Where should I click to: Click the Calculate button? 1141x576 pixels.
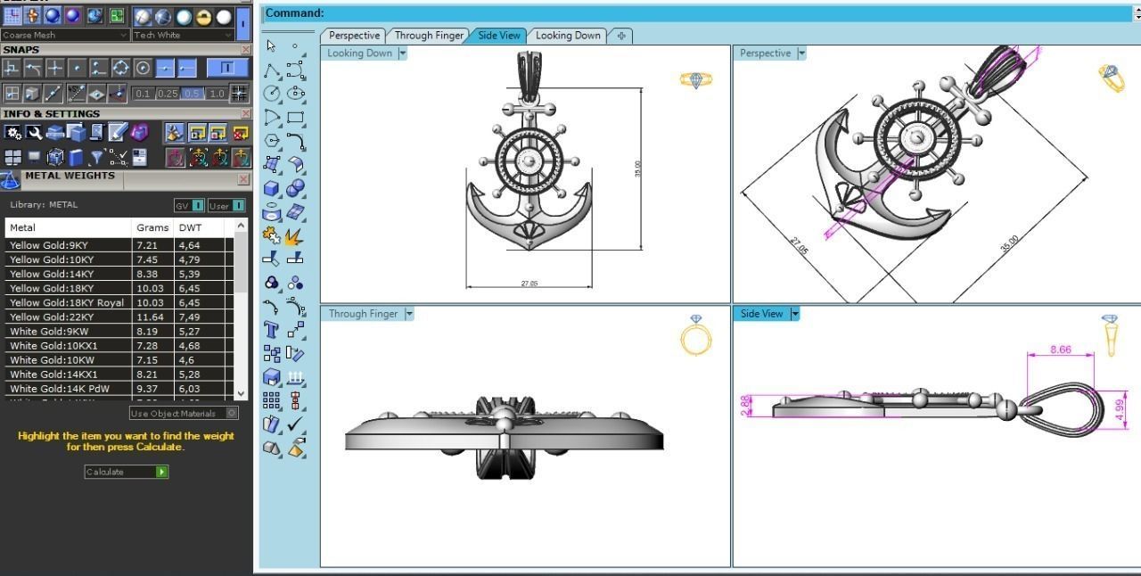point(126,472)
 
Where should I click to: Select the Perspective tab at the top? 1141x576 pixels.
point(354,36)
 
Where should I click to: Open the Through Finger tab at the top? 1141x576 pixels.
point(429,36)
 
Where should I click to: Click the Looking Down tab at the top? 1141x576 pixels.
point(568,36)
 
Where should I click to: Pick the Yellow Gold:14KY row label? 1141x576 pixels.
point(51,274)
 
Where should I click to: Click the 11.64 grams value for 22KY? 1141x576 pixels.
point(150,317)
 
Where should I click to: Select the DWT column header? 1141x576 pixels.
point(190,227)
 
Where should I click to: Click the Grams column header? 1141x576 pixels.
point(152,227)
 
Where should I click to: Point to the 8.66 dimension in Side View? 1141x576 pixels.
point(1060,350)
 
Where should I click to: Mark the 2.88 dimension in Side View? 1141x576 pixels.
point(746,407)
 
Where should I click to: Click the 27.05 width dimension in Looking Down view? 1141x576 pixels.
point(529,284)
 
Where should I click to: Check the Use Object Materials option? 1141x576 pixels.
point(232,413)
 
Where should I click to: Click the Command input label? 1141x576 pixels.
point(294,13)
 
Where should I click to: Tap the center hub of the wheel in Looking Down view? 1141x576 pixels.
point(529,161)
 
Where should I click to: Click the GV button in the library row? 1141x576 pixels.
point(188,205)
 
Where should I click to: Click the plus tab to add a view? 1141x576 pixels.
point(620,36)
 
